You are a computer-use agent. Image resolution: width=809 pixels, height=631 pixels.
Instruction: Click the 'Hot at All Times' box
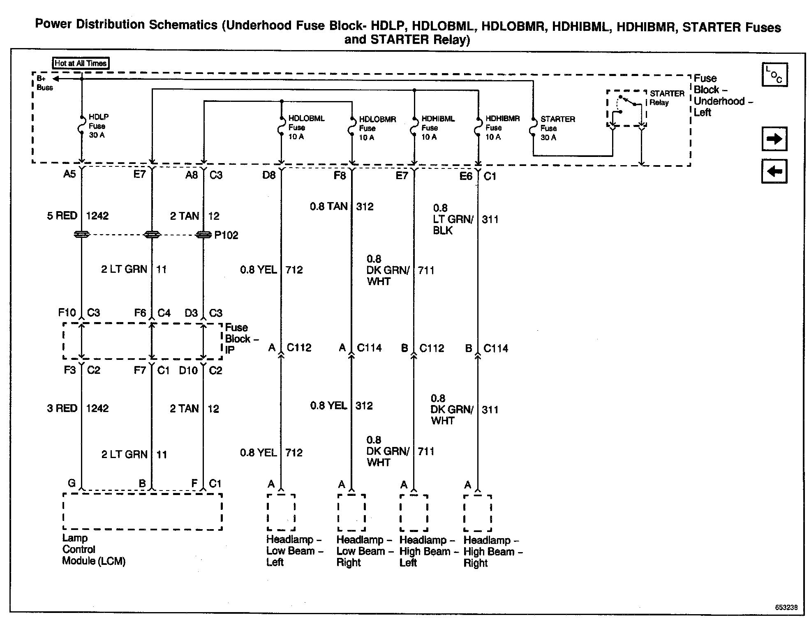coord(81,63)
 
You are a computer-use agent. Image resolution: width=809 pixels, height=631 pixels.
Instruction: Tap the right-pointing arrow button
coord(774,139)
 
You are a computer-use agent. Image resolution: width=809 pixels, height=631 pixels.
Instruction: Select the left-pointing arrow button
coord(774,171)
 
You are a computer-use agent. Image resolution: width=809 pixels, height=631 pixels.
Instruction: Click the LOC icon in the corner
coord(774,75)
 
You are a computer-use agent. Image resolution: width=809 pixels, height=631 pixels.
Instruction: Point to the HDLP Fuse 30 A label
coord(98,126)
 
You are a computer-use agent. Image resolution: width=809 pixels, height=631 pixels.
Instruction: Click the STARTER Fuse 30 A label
coord(557,128)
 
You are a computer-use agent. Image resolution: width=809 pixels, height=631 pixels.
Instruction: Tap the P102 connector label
coord(226,235)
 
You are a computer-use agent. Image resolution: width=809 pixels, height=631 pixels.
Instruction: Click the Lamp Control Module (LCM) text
coord(93,549)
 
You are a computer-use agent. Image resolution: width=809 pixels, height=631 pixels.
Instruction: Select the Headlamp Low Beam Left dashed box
coord(281,512)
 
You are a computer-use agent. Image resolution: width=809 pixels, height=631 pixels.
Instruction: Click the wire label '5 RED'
coord(62,216)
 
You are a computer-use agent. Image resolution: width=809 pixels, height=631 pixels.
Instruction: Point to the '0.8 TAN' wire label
coord(328,206)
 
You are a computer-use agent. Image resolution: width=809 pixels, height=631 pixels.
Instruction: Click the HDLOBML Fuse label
coord(306,127)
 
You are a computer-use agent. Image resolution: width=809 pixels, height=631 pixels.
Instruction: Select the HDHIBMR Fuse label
coord(502,128)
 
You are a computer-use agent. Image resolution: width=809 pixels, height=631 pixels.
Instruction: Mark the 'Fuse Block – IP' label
coord(241,339)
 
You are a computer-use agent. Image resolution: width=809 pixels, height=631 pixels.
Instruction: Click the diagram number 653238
coord(786,608)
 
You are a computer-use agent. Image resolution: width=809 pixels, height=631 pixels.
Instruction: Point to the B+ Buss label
coord(44,83)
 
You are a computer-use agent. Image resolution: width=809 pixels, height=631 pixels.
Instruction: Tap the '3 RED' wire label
coord(62,408)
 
